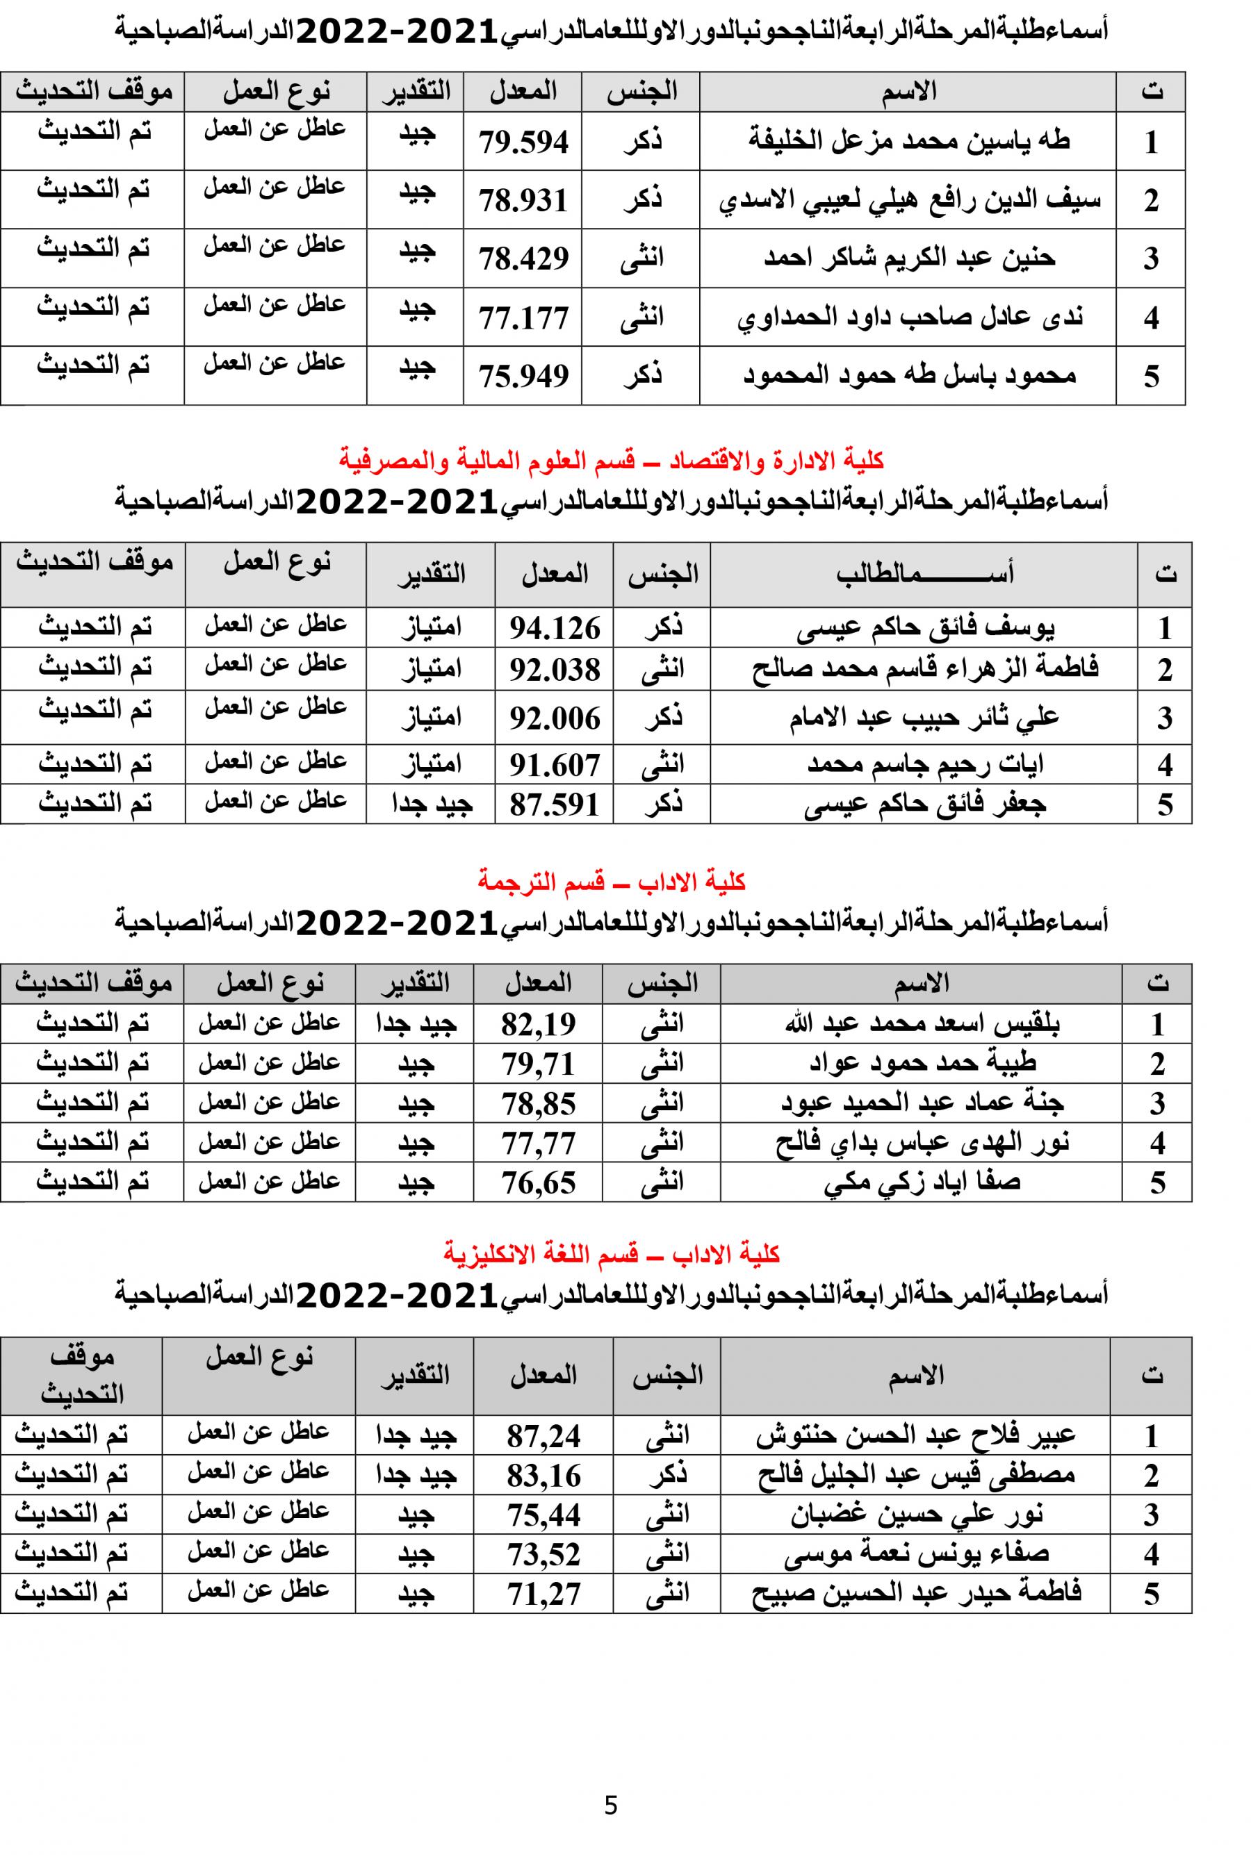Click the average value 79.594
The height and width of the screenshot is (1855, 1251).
point(523,142)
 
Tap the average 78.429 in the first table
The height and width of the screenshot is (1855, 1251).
point(523,258)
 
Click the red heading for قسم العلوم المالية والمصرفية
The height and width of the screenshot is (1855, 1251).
point(611,460)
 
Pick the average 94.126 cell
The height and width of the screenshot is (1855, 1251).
point(555,629)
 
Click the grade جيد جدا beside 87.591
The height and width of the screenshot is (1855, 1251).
point(431,804)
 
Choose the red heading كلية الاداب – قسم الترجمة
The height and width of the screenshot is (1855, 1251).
point(611,881)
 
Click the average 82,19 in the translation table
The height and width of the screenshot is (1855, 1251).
point(539,1024)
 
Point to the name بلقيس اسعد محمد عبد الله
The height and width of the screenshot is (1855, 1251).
point(922,1023)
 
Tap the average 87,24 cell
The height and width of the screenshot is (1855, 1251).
point(544,1436)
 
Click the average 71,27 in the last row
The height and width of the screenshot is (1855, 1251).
point(544,1593)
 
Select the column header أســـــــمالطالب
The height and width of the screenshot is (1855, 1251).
point(924,574)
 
